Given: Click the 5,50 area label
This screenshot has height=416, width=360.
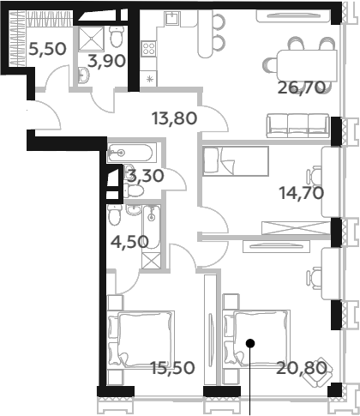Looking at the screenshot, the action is click(48, 49).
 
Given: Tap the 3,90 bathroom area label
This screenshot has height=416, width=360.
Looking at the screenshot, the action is click(106, 61).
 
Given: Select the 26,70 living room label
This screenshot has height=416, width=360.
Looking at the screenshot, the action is click(302, 87).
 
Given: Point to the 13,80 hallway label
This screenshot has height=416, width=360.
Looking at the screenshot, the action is click(175, 118).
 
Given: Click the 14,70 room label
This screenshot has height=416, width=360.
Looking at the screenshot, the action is click(302, 193).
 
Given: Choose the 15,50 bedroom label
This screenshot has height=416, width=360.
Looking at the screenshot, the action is click(172, 368).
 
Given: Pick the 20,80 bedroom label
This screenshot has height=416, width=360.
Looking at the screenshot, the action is click(302, 368).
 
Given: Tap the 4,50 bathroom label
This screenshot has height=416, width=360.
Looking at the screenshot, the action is click(129, 242).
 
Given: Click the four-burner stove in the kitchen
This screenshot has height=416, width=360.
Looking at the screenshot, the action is click(148, 48).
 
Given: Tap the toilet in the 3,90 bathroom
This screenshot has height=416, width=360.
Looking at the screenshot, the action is click(117, 37).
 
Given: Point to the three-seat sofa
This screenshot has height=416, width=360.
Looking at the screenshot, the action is click(297, 125).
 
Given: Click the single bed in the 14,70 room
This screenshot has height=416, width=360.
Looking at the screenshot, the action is click(236, 161).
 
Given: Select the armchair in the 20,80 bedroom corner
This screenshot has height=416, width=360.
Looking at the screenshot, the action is click(318, 371).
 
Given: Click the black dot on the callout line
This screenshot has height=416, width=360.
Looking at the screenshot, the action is click(250, 343).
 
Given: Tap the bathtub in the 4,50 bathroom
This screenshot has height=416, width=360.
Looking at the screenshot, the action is click(152, 226).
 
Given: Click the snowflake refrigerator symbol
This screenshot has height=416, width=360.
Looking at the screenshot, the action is click(150, 79).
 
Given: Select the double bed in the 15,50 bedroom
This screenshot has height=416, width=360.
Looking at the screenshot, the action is click(141, 340).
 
